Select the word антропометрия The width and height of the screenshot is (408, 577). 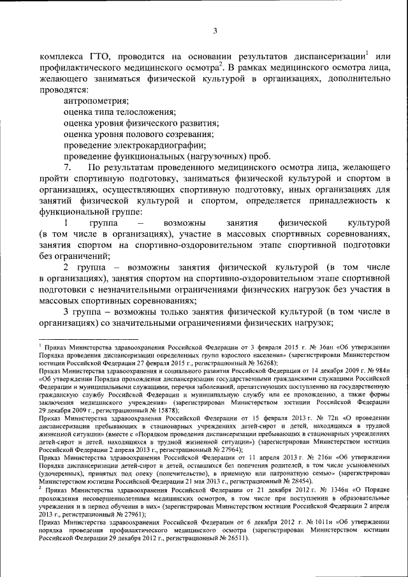(96, 101)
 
